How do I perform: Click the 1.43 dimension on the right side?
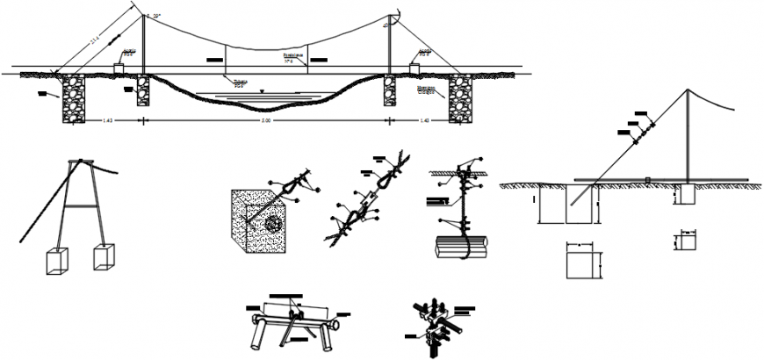pyautogui.click(x=423, y=120)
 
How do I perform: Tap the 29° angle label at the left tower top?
pyautogui.click(x=156, y=17)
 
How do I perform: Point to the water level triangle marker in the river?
pyautogui.click(x=261, y=89)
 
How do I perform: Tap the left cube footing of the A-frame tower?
pyautogui.click(x=56, y=262)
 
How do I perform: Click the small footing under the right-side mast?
pyautogui.click(x=685, y=195)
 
